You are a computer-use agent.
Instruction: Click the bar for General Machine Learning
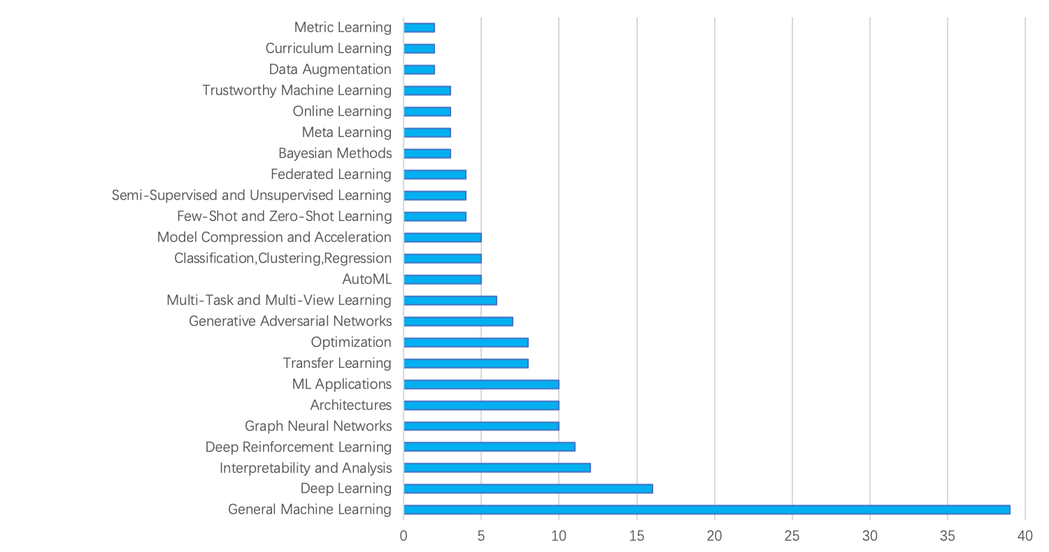pyautogui.click(x=707, y=509)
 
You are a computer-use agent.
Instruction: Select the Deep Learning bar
pyautogui.click(x=529, y=488)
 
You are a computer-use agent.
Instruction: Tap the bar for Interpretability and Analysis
pyautogui.click(x=497, y=467)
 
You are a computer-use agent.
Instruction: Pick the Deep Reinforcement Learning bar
pyautogui.click(x=490, y=446)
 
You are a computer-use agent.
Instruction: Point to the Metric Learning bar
pyautogui.click(x=420, y=27)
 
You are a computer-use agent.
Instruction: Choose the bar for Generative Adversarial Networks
pyautogui.click(x=459, y=321)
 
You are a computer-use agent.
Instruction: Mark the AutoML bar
pyautogui.click(x=443, y=279)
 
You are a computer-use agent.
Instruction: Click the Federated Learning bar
pyautogui.click(x=435, y=174)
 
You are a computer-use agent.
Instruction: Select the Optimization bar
pyautogui.click(x=466, y=342)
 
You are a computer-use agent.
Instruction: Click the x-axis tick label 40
pyautogui.click(x=1025, y=536)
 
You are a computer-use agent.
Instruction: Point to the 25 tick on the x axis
pyautogui.click(x=792, y=536)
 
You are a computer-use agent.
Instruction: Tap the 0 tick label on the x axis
pyautogui.click(x=404, y=536)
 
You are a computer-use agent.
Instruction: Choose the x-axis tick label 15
pyautogui.click(x=637, y=536)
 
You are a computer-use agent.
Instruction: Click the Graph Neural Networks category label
pyautogui.click(x=318, y=426)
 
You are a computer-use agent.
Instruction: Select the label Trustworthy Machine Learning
pyautogui.click(x=297, y=90)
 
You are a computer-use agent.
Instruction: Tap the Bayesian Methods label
pyautogui.click(x=335, y=153)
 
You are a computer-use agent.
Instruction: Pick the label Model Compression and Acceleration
pyautogui.click(x=274, y=237)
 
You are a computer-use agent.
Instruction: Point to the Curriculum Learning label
pyautogui.click(x=328, y=48)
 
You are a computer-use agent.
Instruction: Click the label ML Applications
pyautogui.click(x=342, y=384)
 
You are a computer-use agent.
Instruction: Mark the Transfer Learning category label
pyautogui.click(x=337, y=363)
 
